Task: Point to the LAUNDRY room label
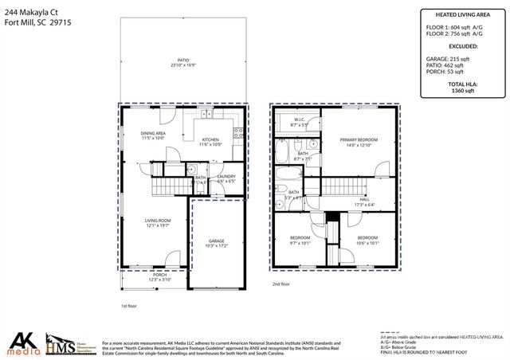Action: [226, 178]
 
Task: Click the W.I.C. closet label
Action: [299, 123]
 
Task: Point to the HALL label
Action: [363, 201]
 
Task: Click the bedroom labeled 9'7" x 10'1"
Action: [300, 240]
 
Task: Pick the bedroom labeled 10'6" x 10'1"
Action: [367, 240]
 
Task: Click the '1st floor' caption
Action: [129, 306]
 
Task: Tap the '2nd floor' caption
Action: [280, 284]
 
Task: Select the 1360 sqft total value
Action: [462, 90]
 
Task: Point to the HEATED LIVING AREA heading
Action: [462, 14]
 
